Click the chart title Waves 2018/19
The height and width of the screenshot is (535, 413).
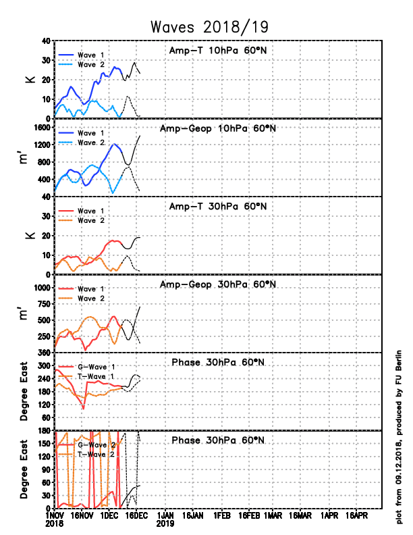tap(209, 27)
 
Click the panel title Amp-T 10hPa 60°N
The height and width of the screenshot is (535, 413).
tap(218, 51)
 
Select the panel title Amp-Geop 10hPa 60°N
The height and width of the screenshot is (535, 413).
tap(218, 128)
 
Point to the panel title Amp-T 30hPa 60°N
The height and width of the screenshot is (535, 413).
tap(218, 207)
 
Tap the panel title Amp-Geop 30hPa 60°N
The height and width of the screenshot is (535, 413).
tap(218, 284)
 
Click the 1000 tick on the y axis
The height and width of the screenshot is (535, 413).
tap(42, 288)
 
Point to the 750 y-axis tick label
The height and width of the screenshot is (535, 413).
tap(44, 304)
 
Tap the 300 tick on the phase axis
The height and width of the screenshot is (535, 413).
tap(44, 365)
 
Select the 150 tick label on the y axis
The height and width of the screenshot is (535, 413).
tap(44, 444)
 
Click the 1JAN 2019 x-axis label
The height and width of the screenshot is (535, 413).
tap(165, 519)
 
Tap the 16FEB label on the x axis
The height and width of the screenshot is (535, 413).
tap(249, 515)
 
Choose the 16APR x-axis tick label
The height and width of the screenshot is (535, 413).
tap(356, 515)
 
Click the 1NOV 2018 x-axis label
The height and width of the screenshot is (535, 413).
tap(55, 519)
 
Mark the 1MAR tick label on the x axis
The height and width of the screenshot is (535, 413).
tap(273, 515)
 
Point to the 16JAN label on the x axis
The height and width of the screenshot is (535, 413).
tap(192, 515)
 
